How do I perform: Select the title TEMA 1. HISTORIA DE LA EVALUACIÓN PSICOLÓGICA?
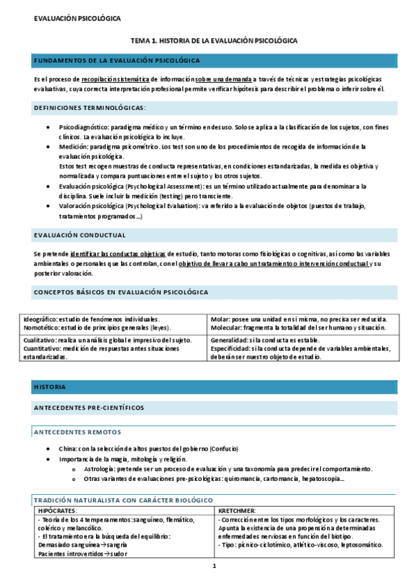[214, 41]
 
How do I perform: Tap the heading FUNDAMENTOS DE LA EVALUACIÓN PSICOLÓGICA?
[117, 62]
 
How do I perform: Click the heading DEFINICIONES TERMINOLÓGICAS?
[90, 108]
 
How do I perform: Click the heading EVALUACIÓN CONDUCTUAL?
[79, 235]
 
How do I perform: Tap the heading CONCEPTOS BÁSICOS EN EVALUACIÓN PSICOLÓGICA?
[121, 293]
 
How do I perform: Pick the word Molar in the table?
[220, 319]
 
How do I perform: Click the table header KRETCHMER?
[239, 510]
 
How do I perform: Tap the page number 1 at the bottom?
[214, 567]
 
